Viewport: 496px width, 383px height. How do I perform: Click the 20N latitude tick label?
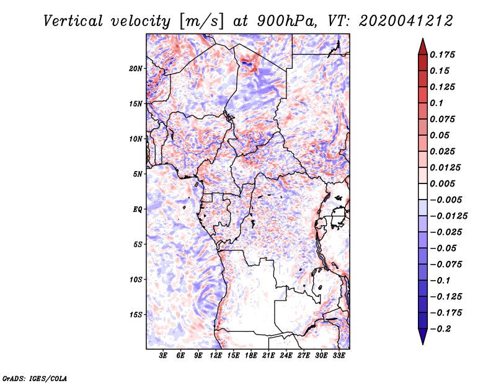(x=136, y=69)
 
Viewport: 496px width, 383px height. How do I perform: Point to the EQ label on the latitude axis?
(x=138, y=209)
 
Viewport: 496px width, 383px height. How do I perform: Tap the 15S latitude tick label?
(x=136, y=315)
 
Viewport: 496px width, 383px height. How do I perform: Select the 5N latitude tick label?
(x=138, y=174)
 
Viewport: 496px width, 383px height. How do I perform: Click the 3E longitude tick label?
(x=163, y=355)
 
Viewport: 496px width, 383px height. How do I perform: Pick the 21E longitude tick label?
(x=268, y=355)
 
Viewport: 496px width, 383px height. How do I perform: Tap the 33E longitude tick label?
(x=339, y=355)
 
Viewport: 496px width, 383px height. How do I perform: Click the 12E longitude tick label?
(x=216, y=355)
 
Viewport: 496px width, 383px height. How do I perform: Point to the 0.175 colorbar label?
(x=442, y=55)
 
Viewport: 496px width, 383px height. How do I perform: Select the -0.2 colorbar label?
(x=440, y=329)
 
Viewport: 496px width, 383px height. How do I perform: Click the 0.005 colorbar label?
(x=442, y=183)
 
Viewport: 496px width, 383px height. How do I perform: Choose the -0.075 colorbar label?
(x=446, y=265)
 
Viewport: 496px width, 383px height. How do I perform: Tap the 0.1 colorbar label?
(x=436, y=103)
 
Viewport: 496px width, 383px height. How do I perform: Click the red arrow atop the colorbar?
(x=423, y=46)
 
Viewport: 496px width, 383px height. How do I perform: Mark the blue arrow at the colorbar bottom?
(x=423, y=337)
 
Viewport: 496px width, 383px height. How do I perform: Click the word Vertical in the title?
(x=73, y=21)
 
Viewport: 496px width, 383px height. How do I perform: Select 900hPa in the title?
(x=287, y=21)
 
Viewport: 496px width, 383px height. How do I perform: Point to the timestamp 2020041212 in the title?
(x=406, y=21)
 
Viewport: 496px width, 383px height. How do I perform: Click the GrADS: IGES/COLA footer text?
(x=35, y=378)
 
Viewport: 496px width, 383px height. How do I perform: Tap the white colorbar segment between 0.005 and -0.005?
(x=423, y=191)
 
